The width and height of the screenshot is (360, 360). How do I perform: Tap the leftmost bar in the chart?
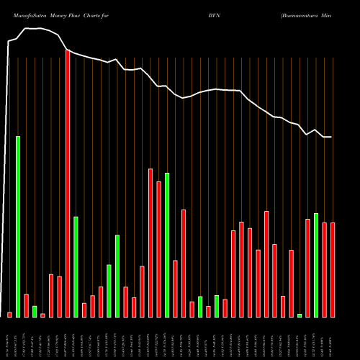[x=9, y=315]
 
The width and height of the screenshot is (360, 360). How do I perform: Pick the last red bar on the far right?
[x=333, y=270]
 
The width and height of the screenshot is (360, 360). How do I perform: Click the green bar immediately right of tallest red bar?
[x=76, y=266]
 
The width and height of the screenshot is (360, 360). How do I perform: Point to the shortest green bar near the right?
[x=300, y=315]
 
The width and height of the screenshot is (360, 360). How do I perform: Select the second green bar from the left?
[x=35, y=311]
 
